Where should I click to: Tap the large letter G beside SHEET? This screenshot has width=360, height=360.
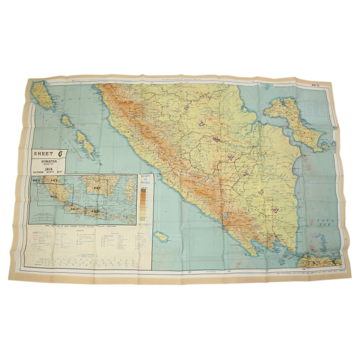coord(60,153)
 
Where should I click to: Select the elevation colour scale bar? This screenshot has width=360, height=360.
coord(143,203)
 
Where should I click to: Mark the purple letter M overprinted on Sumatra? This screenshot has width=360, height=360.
coord(231,157)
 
